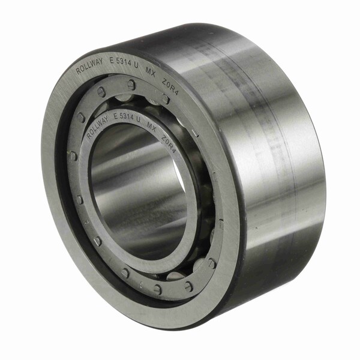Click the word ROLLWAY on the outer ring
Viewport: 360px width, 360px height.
(x=89, y=67)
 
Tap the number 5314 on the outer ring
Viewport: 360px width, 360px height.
(x=124, y=62)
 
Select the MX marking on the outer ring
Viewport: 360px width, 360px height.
(x=151, y=73)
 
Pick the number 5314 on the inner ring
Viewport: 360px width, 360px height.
(x=127, y=116)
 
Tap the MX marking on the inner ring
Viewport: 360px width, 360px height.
(x=151, y=127)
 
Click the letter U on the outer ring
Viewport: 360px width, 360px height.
(x=136, y=65)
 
